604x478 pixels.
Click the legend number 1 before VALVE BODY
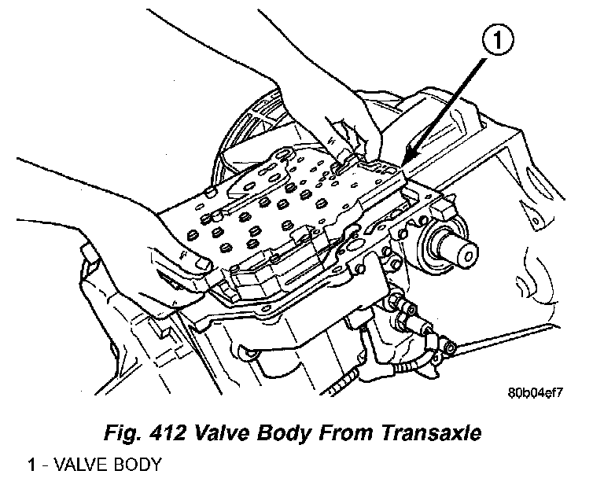31,464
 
